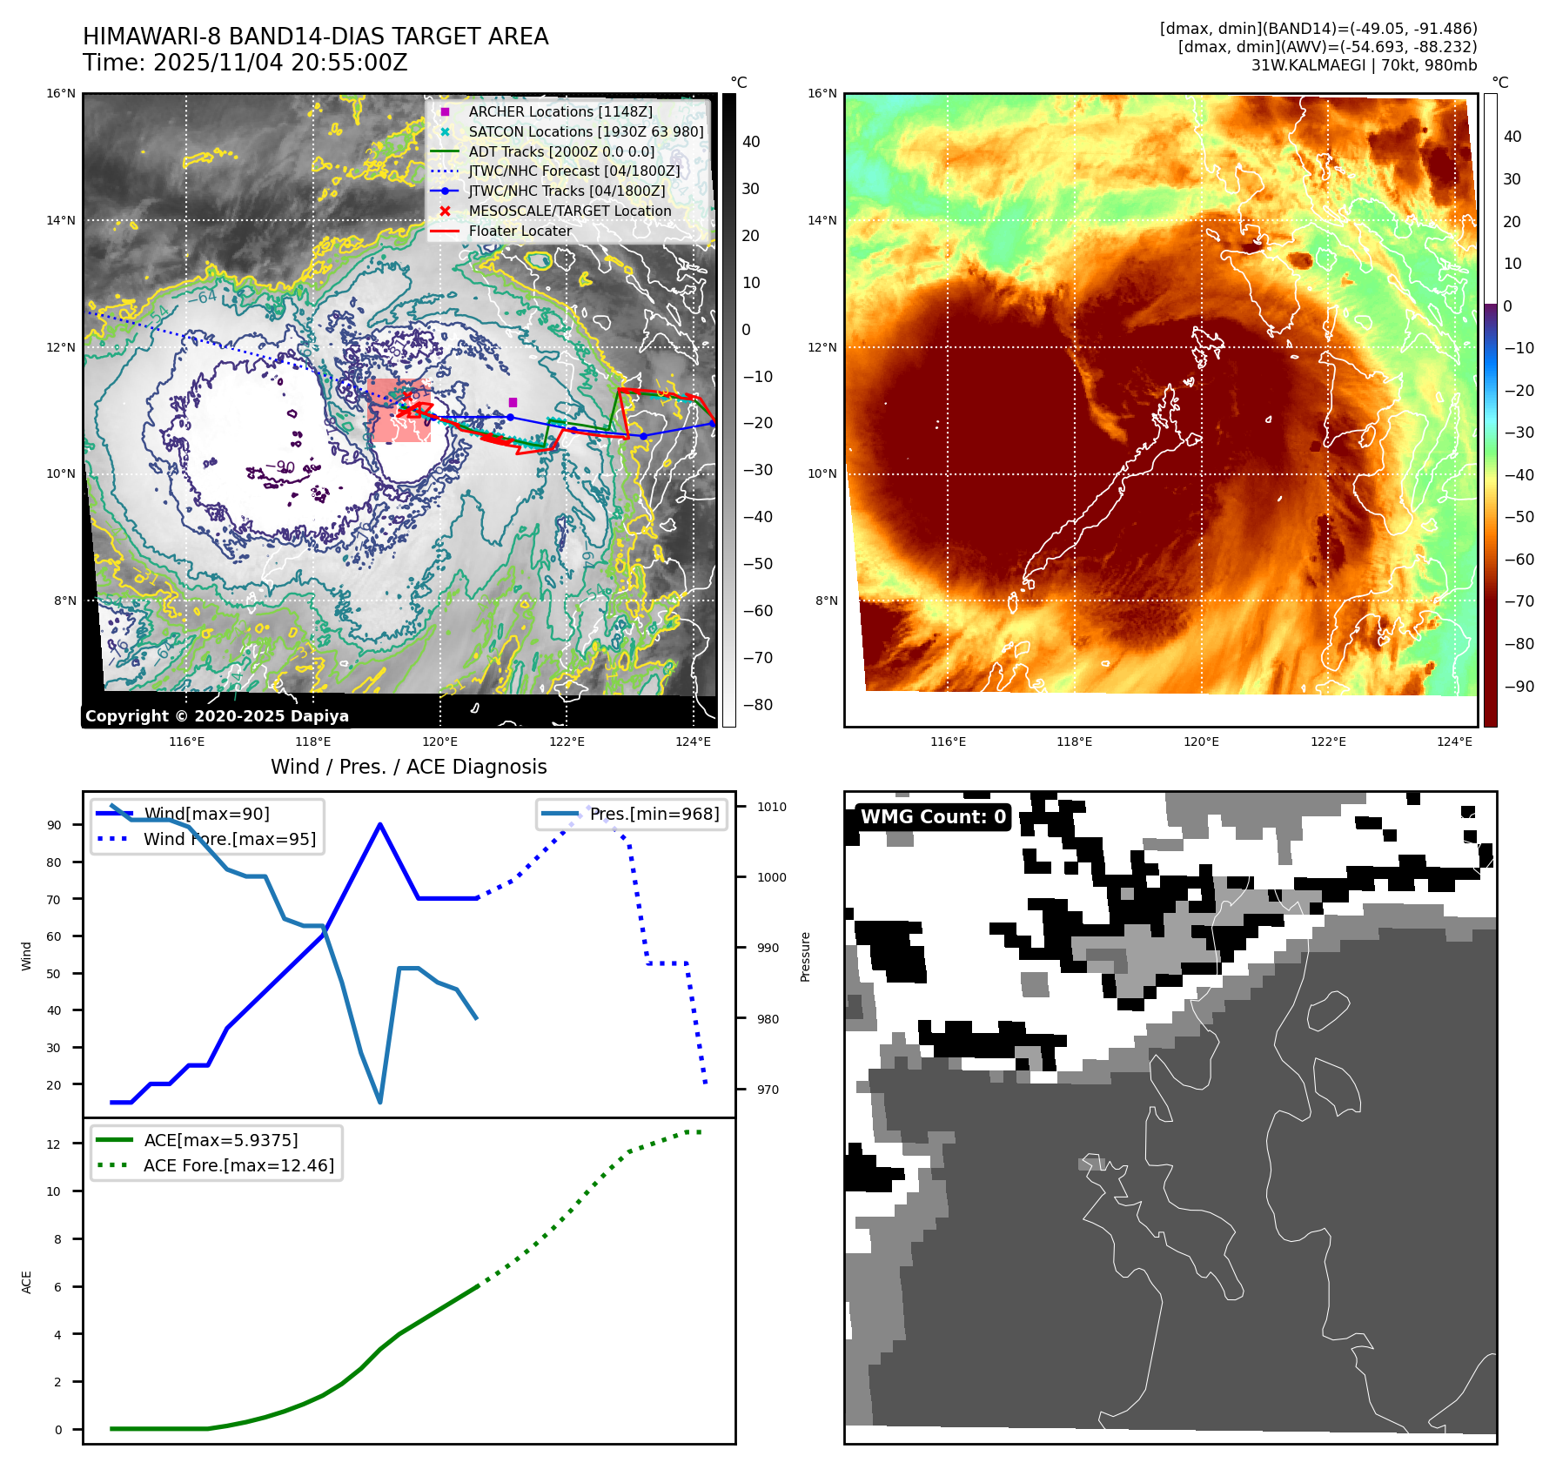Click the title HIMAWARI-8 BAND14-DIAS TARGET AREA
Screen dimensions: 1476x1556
(315, 37)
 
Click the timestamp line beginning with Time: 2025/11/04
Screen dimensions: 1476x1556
(245, 63)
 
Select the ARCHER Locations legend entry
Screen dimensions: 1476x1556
(560, 111)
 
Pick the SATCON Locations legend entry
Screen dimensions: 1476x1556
(586, 131)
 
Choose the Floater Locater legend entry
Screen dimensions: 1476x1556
(520, 231)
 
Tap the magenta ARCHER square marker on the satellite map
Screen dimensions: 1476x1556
(513, 402)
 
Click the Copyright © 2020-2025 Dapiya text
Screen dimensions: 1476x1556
(217, 716)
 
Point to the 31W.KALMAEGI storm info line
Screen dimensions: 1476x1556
(1363, 65)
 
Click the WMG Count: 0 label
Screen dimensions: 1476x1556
(932, 816)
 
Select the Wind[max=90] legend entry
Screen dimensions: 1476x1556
(206, 814)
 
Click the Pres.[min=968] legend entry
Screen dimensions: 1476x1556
(654, 814)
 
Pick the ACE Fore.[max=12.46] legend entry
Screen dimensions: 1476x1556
(238, 1165)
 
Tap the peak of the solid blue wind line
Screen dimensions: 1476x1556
(380, 824)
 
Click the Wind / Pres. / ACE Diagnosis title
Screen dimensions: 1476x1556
(408, 767)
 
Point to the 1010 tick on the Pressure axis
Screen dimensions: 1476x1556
(771, 807)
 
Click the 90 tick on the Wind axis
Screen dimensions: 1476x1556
(54, 825)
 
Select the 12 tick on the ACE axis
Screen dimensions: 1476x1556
(54, 1144)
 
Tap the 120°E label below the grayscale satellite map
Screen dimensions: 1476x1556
(439, 741)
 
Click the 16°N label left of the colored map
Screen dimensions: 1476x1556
(822, 94)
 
